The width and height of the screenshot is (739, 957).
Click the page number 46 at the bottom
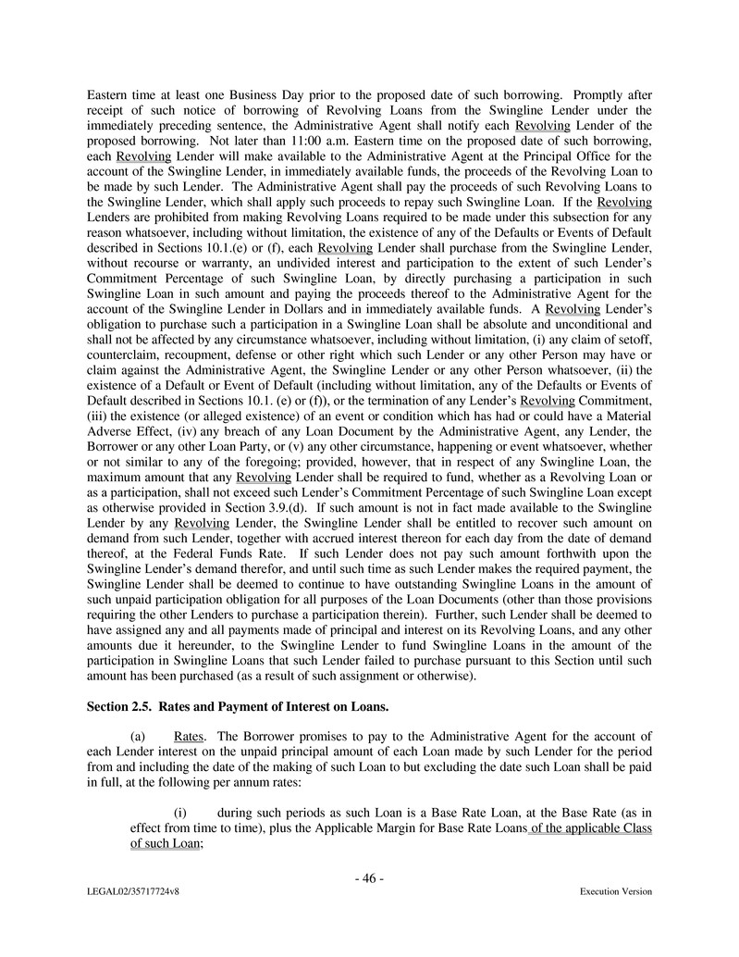pyautogui.click(x=369, y=878)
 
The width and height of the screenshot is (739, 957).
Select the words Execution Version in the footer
pyautogui.click(x=616, y=892)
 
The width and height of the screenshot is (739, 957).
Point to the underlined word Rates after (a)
pyautogui.click(x=189, y=736)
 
